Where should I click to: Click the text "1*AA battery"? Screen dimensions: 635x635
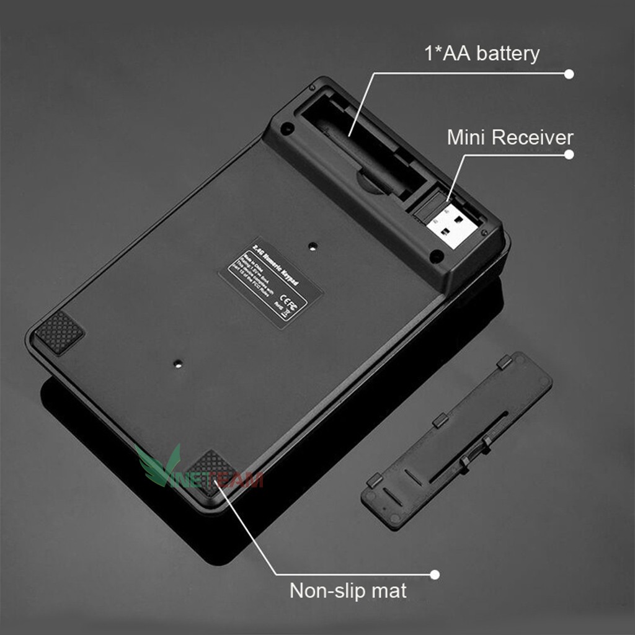point(481,54)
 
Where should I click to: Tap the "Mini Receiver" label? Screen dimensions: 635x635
point(510,137)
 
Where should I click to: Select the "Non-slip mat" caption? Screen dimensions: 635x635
point(348,590)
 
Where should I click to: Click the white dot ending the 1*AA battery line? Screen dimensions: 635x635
point(569,74)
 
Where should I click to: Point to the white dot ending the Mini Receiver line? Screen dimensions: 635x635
point(569,155)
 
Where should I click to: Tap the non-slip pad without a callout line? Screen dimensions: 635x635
point(59,331)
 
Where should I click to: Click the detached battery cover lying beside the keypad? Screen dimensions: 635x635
point(456,440)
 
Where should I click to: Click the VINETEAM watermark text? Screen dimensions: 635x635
point(217,479)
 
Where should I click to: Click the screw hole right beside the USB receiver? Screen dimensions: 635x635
point(437,254)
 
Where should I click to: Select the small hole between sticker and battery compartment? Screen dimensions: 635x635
point(313,246)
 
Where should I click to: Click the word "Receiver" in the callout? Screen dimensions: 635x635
point(532,137)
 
